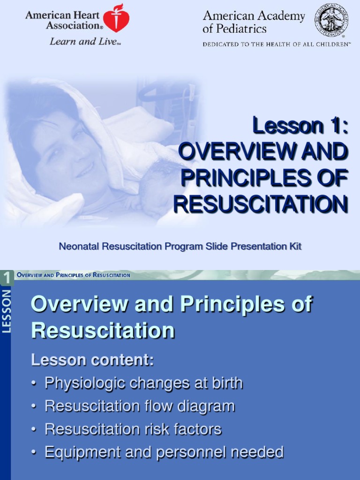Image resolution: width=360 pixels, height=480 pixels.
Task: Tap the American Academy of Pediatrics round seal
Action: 331,19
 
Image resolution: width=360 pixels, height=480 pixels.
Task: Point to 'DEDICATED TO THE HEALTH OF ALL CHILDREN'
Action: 276,45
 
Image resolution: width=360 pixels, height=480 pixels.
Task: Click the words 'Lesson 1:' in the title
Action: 300,127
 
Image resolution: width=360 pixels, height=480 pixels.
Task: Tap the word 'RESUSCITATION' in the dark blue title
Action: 261,204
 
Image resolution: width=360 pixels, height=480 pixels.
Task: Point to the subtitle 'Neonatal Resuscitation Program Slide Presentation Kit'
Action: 180,247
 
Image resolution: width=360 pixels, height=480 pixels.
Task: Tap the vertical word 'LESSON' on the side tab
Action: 7,311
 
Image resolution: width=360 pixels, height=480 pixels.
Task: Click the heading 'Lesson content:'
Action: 92,360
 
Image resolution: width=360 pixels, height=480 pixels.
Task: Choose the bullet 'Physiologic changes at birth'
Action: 143,383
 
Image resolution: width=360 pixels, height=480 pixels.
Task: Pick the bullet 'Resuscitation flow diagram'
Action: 139,406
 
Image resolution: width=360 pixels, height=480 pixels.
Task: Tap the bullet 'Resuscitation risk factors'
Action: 133,429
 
